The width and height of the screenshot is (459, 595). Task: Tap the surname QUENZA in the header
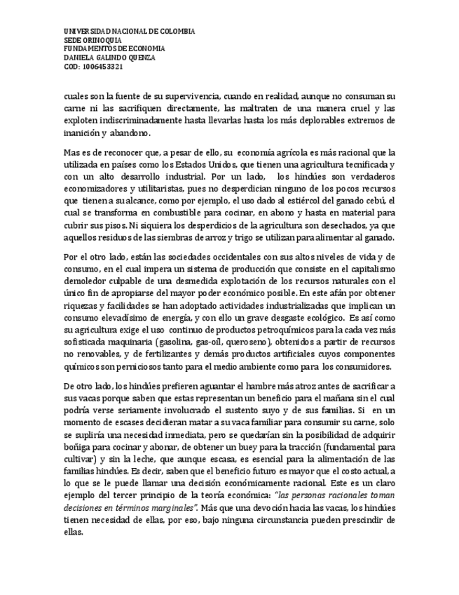140,58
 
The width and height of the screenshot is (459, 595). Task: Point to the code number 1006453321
103,67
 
